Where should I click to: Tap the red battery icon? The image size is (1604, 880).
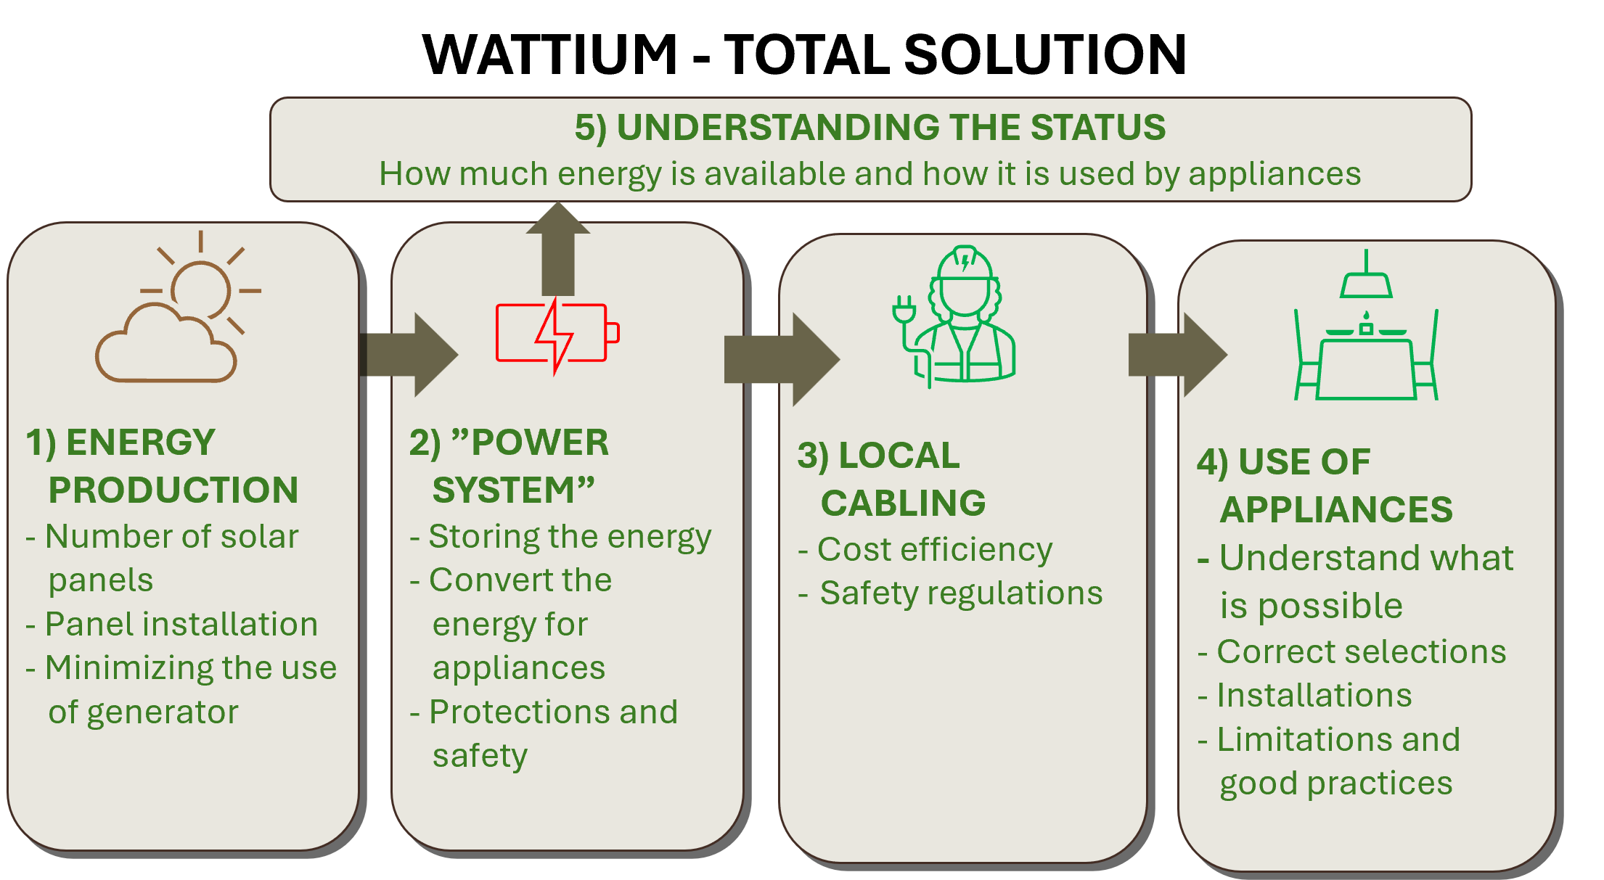[x=557, y=334]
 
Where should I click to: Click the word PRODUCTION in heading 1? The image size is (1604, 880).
[x=173, y=490]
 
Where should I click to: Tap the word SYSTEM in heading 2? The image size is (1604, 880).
[x=504, y=490]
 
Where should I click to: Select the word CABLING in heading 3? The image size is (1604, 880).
[x=903, y=503]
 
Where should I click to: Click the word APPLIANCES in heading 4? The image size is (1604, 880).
[x=1336, y=510]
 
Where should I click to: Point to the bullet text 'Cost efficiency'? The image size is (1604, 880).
[x=935, y=550]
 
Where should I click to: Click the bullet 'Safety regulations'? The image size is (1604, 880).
[x=961, y=593]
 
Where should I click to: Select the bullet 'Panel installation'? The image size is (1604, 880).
[x=181, y=625]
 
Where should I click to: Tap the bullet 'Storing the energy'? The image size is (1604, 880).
[x=570, y=538]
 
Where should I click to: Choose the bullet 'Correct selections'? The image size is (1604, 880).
[x=1362, y=652]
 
